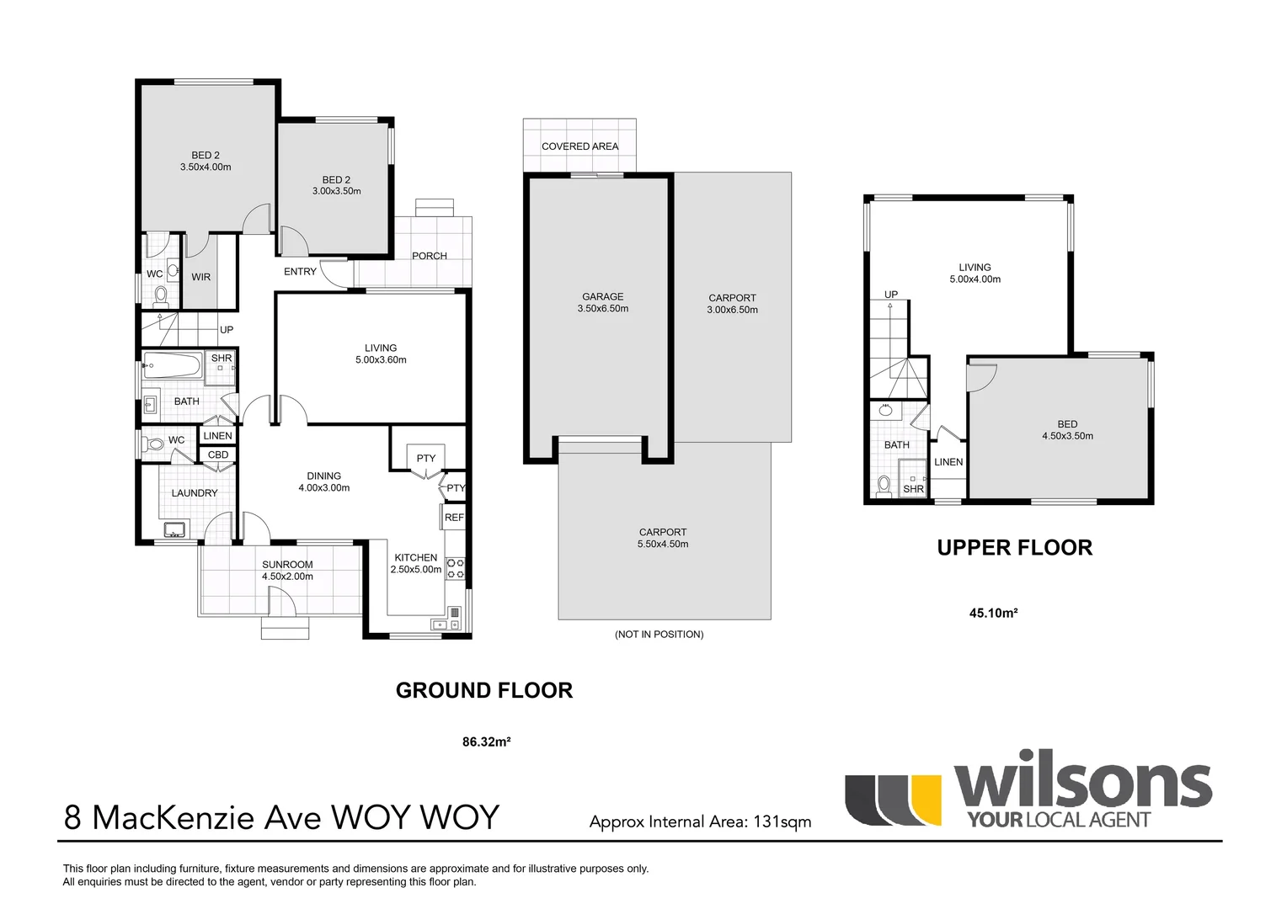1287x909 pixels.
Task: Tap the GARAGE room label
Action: (x=603, y=297)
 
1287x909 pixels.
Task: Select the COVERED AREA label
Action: (x=579, y=146)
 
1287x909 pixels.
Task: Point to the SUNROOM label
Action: (x=287, y=565)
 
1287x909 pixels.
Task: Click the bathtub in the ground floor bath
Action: (x=173, y=364)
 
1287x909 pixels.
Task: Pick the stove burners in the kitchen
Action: (x=456, y=568)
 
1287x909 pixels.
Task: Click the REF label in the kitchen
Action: (x=454, y=518)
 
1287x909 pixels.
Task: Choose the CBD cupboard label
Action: (x=218, y=454)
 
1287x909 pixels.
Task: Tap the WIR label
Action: (x=200, y=277)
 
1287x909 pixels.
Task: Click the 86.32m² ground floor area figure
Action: (x=487, y=742)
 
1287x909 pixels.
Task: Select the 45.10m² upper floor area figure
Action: (x=993, y=614)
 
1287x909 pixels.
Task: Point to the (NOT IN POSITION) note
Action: (x=659, y=635)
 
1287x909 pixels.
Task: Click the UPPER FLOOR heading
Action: (x=1015, y=548)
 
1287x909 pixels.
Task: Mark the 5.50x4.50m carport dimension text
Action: (x=663, y=544)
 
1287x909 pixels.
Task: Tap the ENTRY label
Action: (x=300, y=272)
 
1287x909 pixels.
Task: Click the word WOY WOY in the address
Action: (x=415, y=818)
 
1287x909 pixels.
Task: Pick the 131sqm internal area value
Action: (x=782, y=822)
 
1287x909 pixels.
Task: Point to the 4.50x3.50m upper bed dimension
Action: (x=1067, y=436)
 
